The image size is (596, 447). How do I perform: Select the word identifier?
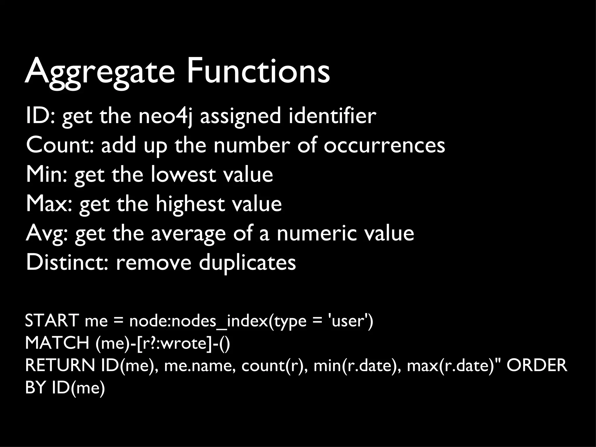tap(332, 116)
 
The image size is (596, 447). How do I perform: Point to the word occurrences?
tap(384, 145)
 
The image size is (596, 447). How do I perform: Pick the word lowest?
tap(183, 175)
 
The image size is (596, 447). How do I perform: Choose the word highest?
tap(190, 204)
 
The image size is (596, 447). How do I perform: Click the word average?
tap(188, 234)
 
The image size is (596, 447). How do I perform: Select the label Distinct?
tap(68, 262)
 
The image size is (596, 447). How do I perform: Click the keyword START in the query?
tap(52, 321)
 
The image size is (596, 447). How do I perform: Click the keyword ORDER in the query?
tap(537, 365)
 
